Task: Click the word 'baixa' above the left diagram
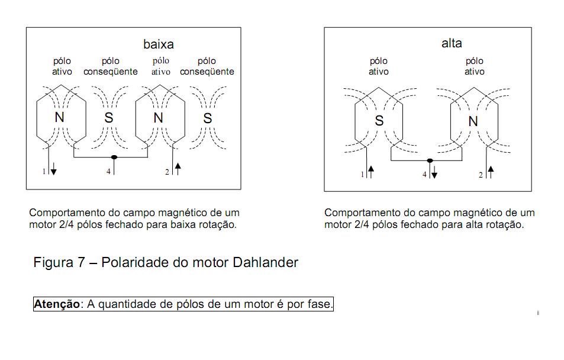click(x=158, y=44)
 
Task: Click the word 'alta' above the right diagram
click(x=452, y=43)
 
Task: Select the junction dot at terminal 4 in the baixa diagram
click(x=114, y=157)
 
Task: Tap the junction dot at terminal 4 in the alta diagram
click(x=430, y=160)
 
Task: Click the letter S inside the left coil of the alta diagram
click(x=379, y=120)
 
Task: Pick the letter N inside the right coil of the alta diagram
click(x=473, y=121)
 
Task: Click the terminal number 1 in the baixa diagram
click(x=44, y=171)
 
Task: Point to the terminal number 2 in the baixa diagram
click(x=167, y=172)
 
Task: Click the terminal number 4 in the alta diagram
click(x=424, y=174)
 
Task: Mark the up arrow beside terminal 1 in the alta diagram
click(x=372, y=173)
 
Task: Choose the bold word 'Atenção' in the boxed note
click(x=56, y=304)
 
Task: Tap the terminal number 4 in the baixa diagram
click(x=108, y=172)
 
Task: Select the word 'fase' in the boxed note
click(x=320, y=304)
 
